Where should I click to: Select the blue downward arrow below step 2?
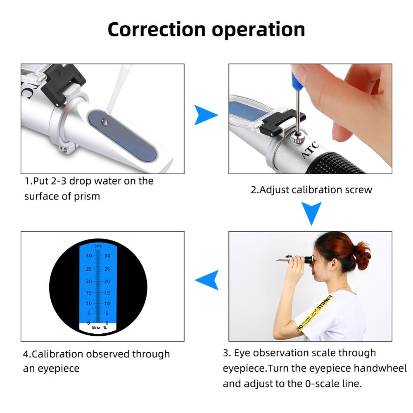(x=311, y=212)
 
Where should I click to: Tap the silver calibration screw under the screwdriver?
(x=296, y=138)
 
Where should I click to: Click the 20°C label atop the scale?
(x=98, y=247)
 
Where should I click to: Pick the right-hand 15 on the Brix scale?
(x=107, y=293)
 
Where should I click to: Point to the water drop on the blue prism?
(x=104, y=121)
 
